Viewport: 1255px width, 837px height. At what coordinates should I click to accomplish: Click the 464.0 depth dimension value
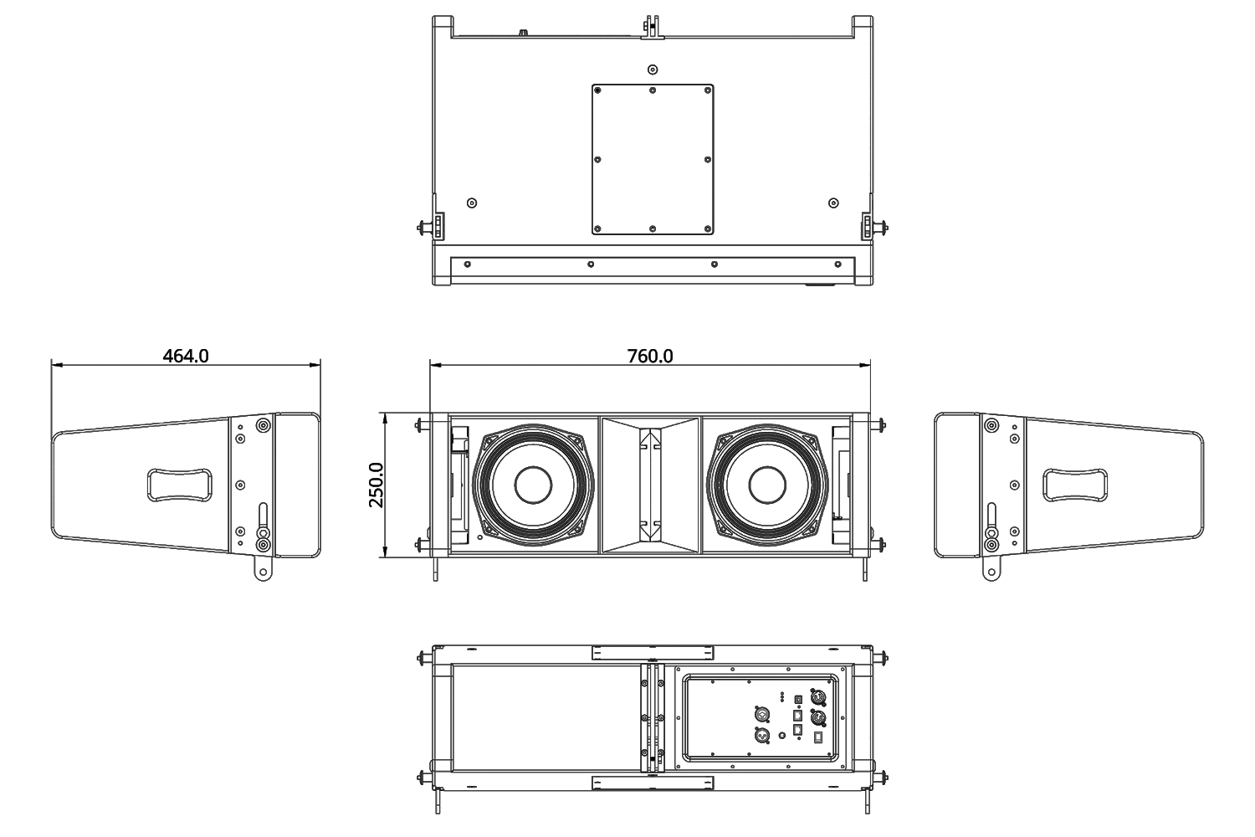point(186,356)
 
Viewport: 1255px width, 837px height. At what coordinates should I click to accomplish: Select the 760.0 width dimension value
point(650,356)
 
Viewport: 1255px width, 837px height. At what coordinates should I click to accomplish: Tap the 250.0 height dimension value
point(376,485)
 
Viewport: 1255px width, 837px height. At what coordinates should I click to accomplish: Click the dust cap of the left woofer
point(533,485)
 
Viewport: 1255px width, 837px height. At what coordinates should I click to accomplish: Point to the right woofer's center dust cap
point(767,485)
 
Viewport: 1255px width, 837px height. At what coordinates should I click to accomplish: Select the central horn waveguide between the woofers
point(651,485)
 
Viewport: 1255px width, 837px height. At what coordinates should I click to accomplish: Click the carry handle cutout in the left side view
point(179,484)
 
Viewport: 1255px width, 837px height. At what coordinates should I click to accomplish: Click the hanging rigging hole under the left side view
point(264,573)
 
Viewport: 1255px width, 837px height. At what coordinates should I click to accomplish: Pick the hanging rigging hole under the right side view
point(991,573)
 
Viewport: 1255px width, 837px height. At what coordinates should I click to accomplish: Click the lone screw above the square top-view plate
point(653,69)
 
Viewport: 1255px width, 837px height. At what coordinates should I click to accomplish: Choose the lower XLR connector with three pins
point(762,736)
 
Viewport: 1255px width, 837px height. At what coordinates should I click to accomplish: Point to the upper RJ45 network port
point(797,716)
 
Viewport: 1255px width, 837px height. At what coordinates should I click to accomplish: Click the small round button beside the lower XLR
point(783,736)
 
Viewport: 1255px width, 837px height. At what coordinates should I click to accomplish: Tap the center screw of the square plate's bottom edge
point(653,229)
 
